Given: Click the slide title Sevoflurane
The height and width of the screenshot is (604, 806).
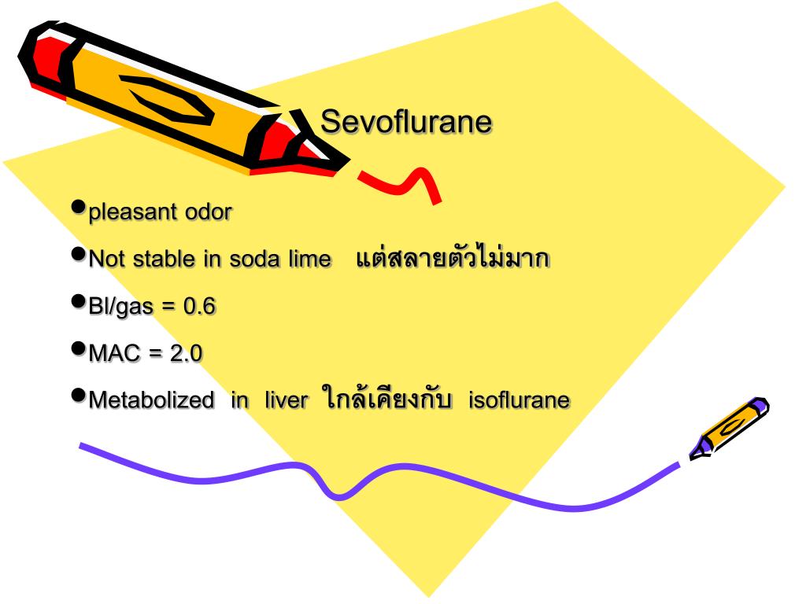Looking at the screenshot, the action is pos(406,123).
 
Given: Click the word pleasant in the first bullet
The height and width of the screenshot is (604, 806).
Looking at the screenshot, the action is pos(134,212).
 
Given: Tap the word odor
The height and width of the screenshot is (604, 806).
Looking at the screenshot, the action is pos(209,212).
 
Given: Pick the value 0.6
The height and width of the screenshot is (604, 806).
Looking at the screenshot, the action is pos(199,307).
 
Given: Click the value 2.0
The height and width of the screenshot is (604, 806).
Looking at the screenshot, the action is pos(186,354).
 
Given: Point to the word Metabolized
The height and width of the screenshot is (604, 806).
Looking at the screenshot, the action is pos(151,400).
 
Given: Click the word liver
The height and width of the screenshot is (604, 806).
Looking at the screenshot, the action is pos(287,400).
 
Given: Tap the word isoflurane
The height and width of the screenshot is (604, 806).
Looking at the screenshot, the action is pos(519,400).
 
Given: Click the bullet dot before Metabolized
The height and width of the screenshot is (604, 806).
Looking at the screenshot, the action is pos(78,395).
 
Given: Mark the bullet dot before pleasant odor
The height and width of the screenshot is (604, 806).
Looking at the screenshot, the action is pos(78,207).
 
